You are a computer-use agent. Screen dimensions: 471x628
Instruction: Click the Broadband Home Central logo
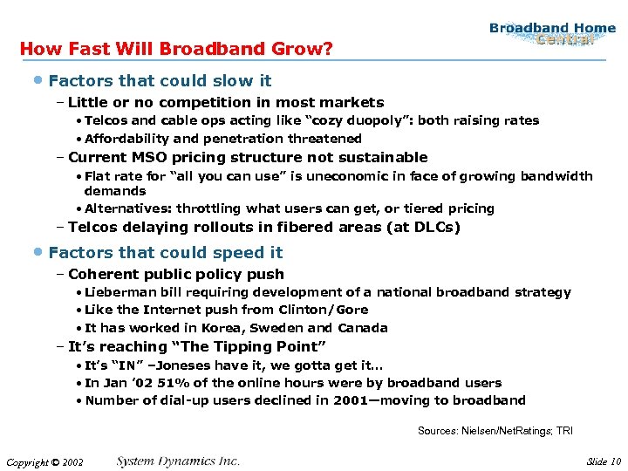click(x=552, y=33)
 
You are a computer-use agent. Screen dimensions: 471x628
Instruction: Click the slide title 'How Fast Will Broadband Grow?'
click(x=175, y=49)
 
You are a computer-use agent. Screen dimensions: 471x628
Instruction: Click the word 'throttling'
click(x=208, y=208)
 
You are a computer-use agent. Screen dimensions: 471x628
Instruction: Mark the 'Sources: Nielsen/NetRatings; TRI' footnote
click(x=495, y=431)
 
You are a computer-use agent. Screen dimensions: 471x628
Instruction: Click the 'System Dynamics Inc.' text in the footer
click(x=178, y=461)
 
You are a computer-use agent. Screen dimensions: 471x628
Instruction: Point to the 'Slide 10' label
click(x=603, y=461)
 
